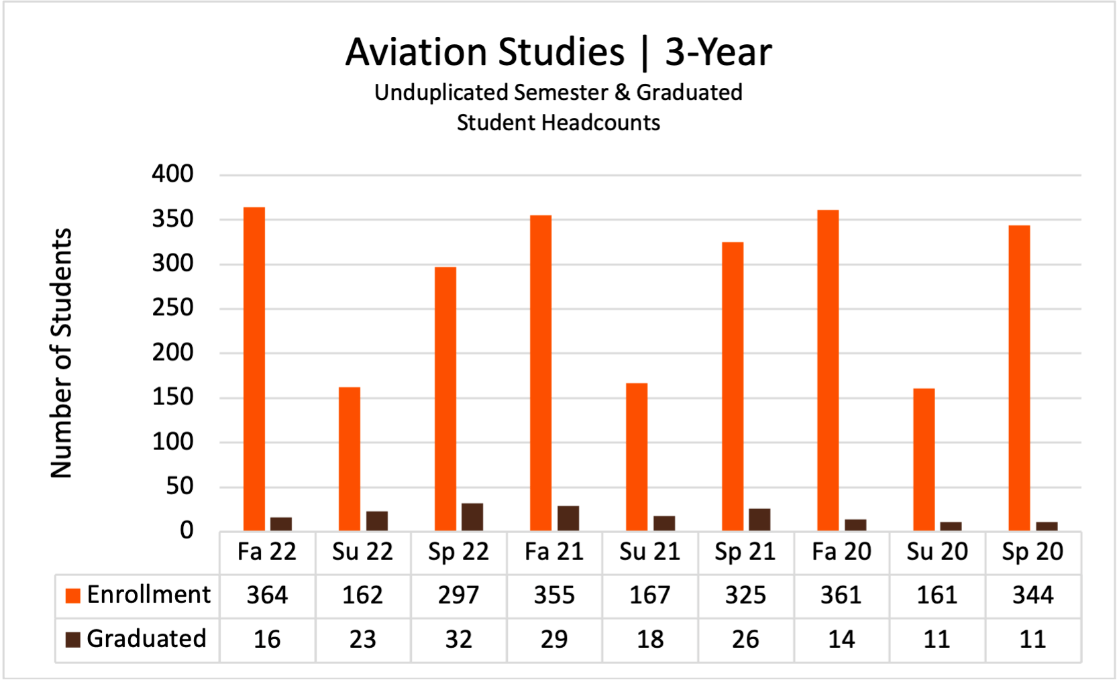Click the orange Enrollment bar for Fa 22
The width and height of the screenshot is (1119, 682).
(x=254, y=369)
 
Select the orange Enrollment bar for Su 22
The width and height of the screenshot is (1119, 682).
(x=350, y=459)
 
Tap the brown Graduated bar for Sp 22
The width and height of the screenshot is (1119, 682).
(x=472, y=517)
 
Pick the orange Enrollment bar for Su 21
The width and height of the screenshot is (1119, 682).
(x=637, y=457)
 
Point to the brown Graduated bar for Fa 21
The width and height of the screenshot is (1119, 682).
(x=568, y=518)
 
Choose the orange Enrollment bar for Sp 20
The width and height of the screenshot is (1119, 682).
(x=1019, y=378)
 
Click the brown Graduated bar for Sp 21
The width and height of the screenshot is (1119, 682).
(x=759, y=520)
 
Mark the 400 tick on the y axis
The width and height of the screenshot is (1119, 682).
(x=172, y=174)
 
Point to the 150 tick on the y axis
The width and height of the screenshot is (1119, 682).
(x=172, y=397)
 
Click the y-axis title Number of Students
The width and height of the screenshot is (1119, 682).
(x=61, y=353)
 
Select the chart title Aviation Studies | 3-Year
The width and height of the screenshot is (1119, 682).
(x=558, y=52)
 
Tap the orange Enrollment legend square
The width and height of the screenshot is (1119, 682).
(x=72, y=595)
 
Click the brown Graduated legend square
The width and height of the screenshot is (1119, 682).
(x=72, y=639)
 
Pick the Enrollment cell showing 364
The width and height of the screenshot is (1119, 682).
(x=267, y=595)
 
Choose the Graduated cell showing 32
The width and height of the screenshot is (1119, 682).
(x=459, y=639)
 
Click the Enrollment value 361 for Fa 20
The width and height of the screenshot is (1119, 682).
(x=841, y=595)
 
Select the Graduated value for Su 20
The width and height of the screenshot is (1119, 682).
(x=937, y=639)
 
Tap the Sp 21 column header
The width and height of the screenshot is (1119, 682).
(x=745, y=552)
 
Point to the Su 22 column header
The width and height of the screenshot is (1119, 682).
(x=362, y=552)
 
